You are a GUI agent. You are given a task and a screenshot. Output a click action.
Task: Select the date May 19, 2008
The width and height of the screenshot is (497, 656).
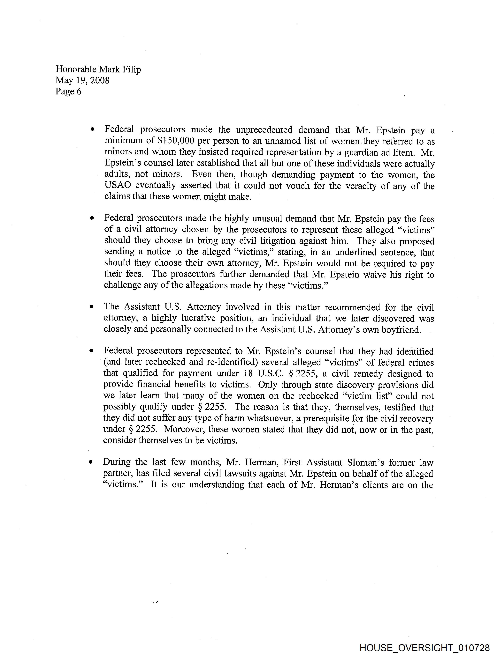pyautogui.click(x=82, y=80)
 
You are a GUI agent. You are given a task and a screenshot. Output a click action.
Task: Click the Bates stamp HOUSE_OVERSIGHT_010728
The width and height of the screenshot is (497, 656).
pyautogui.click(x=424, y=648)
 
